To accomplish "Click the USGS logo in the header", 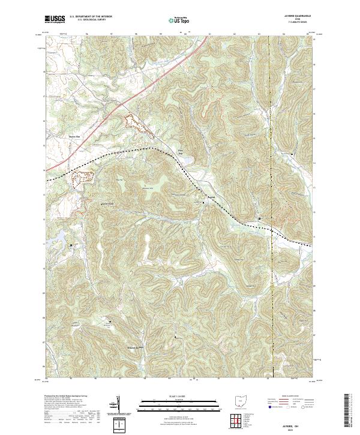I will tap(55, 19).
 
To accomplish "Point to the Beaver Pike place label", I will tap(58, 137).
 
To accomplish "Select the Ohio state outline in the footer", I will tap(242, 401).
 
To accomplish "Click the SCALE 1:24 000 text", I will tap(179, 396).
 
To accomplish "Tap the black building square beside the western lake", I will tap(72, 245).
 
